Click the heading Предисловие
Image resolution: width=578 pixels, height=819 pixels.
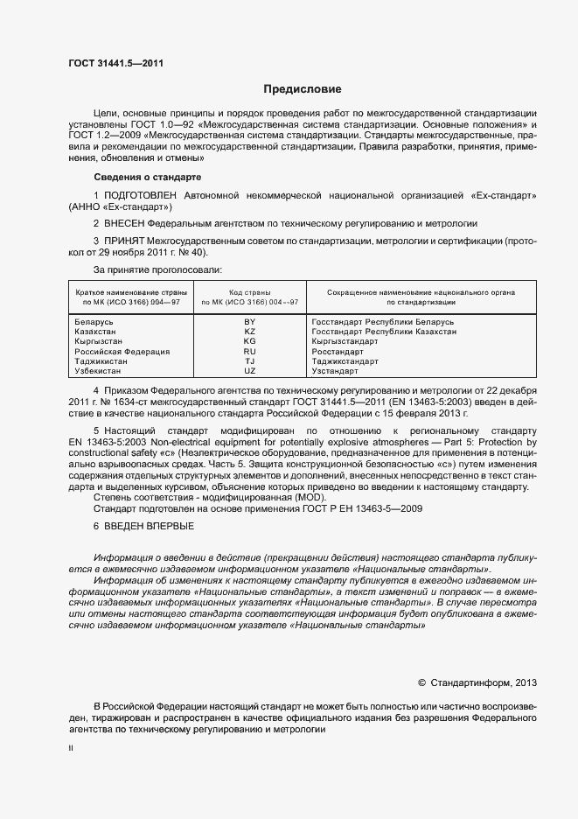point(303,89)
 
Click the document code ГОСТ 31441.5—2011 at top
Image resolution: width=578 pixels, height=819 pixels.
point(115,62)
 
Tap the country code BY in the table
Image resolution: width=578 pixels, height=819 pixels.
point(249,322)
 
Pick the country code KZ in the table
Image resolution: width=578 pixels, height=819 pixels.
point(249,332)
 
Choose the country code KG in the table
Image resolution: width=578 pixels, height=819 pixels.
point(249,341)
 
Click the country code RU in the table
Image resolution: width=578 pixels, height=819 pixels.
point(249,351)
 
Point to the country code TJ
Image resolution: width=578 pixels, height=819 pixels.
point(249,360)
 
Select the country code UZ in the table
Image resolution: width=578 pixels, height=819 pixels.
point(249,370)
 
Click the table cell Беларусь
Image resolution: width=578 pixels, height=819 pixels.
point(95,322)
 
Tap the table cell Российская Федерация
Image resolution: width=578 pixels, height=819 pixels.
point(122,351)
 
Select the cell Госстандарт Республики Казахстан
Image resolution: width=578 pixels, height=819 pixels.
point(383,332)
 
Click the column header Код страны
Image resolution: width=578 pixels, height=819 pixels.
point(249,291)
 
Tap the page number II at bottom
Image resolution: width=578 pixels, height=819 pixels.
point(71,749)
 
